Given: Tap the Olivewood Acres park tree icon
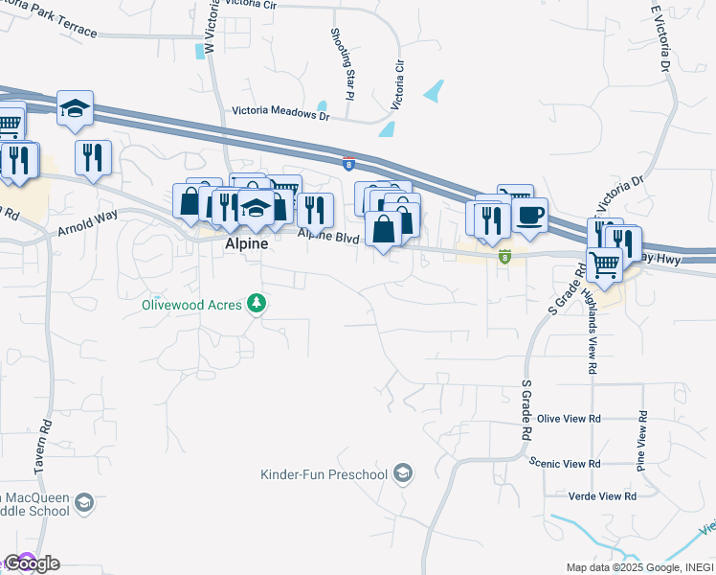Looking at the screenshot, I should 256,304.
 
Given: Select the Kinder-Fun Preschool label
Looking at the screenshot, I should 324,474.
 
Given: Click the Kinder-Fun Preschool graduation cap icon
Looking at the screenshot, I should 404,472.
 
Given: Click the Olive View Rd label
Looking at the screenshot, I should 569,419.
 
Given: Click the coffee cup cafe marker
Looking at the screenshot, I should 529,214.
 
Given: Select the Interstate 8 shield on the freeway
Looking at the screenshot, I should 348,162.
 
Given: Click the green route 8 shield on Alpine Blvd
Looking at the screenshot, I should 504,256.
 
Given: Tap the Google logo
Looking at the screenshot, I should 32,563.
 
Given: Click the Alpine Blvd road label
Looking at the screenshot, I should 327,235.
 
